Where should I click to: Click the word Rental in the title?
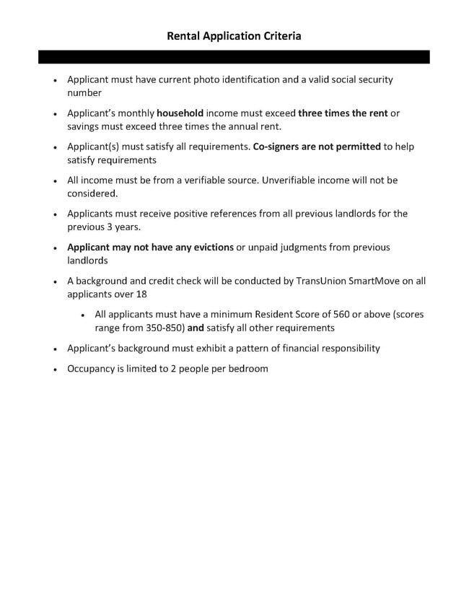click(x=184, y=35)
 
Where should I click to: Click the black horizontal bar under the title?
click(x=234, y=57)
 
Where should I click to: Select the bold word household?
click(x=180, y=113)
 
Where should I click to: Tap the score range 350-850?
click(x=162, y=327)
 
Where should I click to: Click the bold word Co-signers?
click(x=280, y=147)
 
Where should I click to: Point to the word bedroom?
click(x=248, y=368)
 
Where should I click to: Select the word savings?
click(x=85, y=126)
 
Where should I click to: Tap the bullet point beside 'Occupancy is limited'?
click(x=56, y=369)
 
